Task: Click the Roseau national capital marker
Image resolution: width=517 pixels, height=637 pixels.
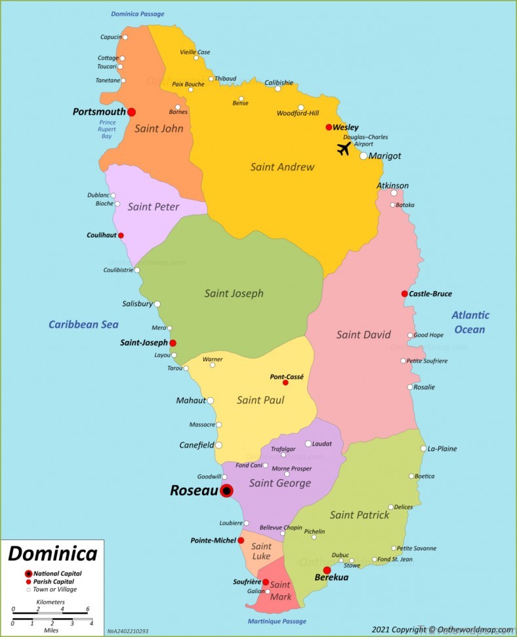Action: pos(226,491)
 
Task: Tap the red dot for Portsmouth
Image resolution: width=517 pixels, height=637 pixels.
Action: pos(131,112)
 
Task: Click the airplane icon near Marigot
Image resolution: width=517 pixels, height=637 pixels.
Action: pos(344,149)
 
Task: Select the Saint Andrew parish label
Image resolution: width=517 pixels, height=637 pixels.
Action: pos(282,167)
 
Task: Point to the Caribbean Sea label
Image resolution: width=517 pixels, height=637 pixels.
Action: pos(83,324)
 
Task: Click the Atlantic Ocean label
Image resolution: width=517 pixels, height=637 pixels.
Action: pos(470,322)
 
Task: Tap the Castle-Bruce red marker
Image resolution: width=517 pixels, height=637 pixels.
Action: pos(404,294)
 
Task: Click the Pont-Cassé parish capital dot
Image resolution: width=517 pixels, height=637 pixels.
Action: pos(285,383)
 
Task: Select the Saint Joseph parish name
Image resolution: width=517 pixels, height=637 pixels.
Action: pos(234,294)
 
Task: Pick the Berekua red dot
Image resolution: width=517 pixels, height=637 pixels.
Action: pos(327,570)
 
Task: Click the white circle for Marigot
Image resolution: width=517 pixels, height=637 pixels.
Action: pos(363,156)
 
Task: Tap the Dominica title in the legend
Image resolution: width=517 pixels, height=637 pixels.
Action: pos(52,554)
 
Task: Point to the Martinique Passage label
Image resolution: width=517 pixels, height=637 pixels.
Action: pos(277,621)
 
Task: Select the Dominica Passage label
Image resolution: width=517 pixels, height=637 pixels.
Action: pos(138,14)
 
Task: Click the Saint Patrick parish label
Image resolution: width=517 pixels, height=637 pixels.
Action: pos(360,515)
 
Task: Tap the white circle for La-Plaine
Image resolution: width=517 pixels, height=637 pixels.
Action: pos(423,449)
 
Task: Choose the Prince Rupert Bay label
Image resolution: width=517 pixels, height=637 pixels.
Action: pos(107,129)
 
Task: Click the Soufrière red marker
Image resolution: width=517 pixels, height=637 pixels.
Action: pos(266,582)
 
